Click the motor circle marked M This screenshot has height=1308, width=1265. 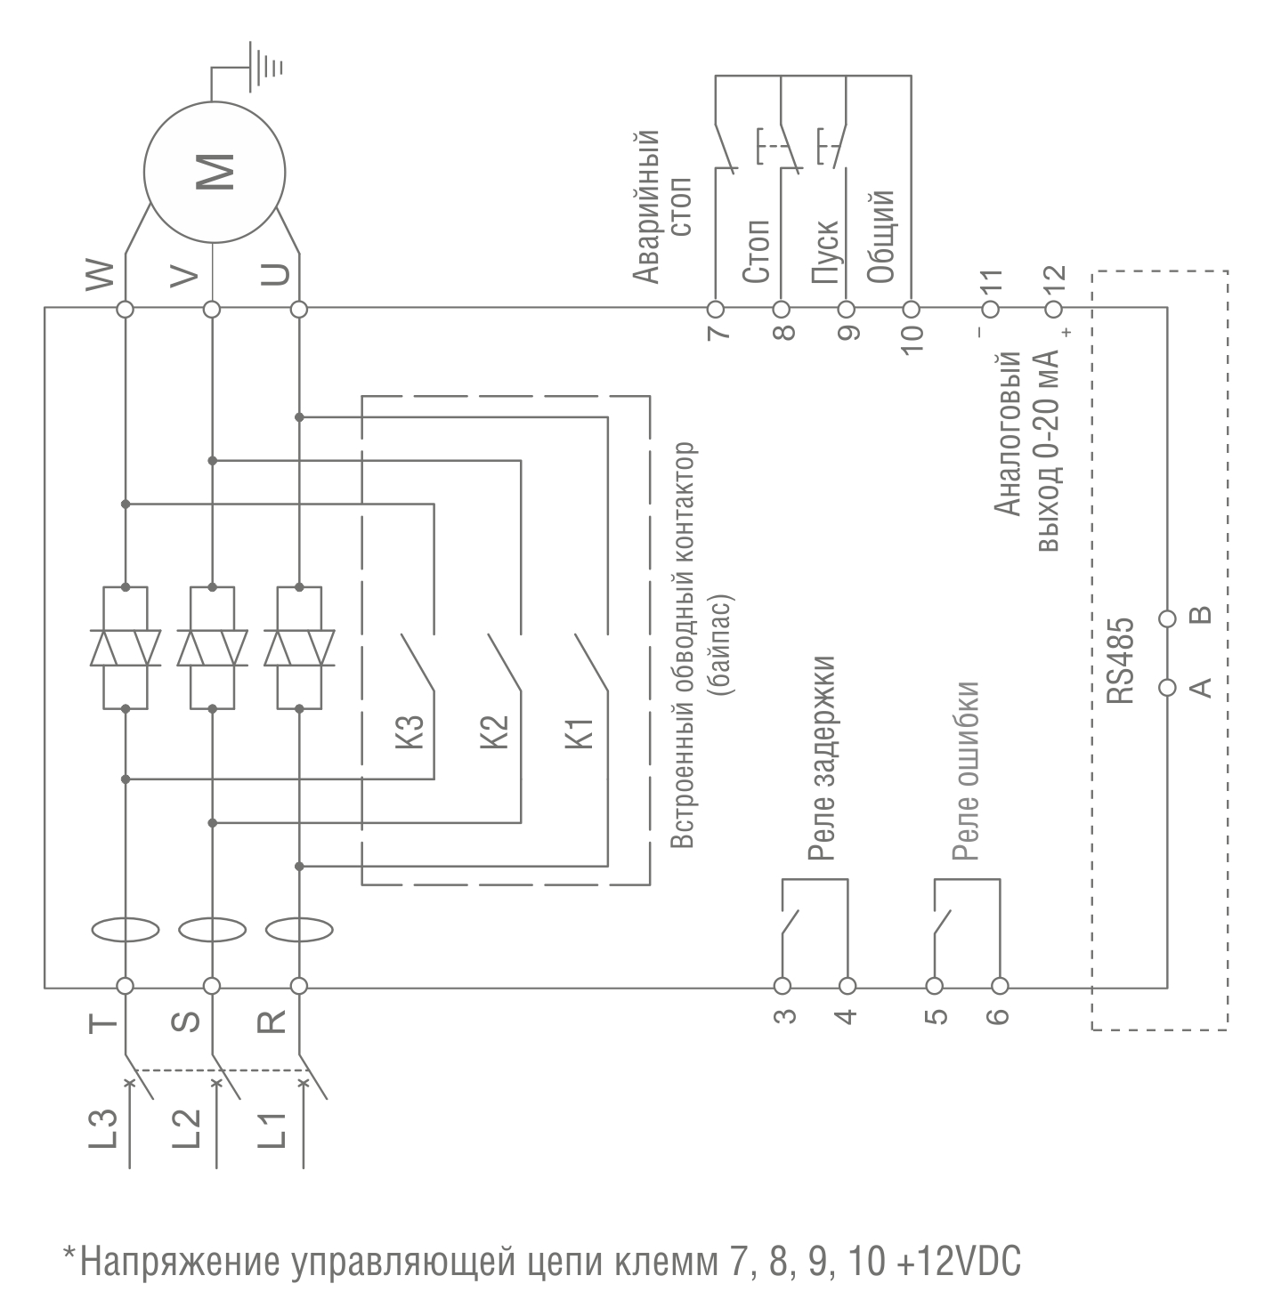[x=215, y=172]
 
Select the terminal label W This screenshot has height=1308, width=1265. [x=100, y=276]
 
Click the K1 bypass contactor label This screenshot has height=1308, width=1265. [x=580, y=730]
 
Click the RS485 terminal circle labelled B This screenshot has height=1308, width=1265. [x=1167, y=618]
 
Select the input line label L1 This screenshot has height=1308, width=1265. [x=274, y=1129]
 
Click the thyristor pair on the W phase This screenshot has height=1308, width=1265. [x=126, y=648]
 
